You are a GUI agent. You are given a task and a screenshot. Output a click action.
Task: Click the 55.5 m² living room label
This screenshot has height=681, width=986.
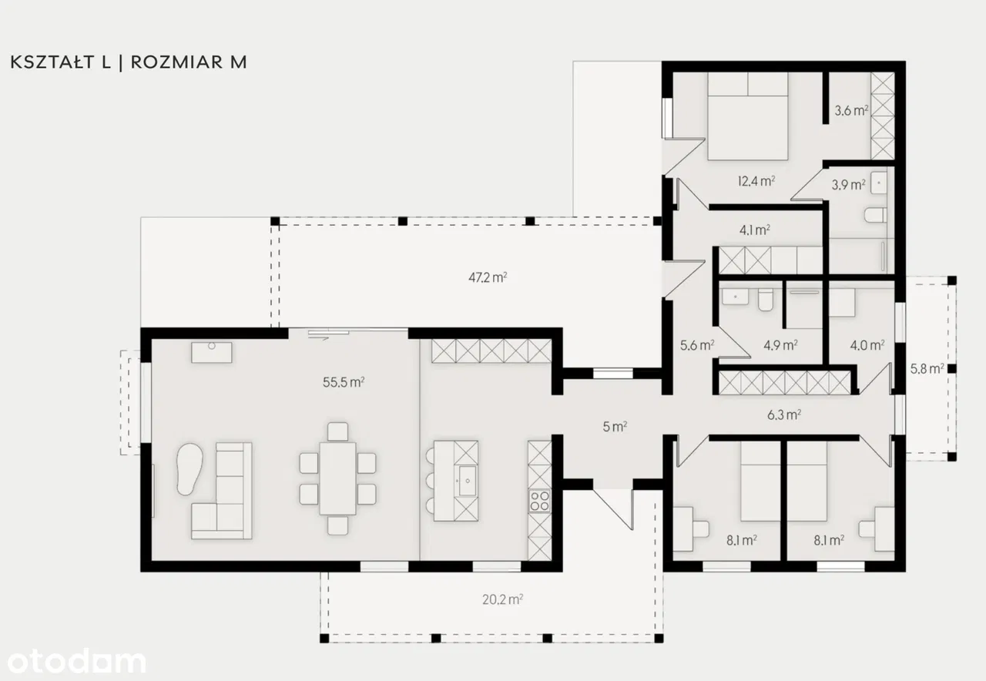(x=344, y=382)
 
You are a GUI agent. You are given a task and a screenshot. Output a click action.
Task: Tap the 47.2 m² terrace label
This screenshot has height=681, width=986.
(x=488, y=277)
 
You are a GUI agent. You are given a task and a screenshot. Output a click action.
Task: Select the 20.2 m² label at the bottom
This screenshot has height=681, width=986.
(x=502, y=599)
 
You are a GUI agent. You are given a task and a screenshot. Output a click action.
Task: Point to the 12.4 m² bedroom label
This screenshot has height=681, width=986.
(x=756, y=181)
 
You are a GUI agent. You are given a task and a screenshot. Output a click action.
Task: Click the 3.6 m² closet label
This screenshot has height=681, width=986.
(x=851, y=110)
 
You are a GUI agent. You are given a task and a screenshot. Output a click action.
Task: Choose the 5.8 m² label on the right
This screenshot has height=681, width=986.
(x=927, y=368)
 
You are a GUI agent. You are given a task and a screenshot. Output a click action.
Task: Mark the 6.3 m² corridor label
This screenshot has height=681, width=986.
(x=784, y=414)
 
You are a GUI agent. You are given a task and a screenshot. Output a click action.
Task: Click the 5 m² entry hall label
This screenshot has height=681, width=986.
(x=615, y=427)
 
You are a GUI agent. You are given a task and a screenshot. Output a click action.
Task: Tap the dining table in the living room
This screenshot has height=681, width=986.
(x=337, y=478)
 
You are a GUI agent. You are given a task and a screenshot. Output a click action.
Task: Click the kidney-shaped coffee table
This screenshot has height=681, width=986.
(x=189, y=468)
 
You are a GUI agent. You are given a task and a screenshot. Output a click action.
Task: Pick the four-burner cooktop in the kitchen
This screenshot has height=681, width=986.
(x=540, y=501)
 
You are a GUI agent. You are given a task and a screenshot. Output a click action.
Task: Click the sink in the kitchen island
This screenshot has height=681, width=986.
(x=467, y=481)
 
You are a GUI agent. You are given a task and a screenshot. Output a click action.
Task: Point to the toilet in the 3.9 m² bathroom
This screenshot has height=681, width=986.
(x=875, y=215)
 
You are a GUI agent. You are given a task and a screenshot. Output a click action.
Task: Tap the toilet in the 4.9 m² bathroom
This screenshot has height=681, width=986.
(x=766, y=300)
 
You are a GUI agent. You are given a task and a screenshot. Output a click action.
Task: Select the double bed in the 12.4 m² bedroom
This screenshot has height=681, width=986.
(x=747, y=116)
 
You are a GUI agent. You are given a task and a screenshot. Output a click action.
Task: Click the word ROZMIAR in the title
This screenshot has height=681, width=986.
(x=177, y=62)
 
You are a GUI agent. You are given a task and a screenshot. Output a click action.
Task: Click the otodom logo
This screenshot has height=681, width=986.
(x=76, y=661)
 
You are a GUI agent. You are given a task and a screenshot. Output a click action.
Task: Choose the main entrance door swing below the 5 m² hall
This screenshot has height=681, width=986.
(x=614, y=509)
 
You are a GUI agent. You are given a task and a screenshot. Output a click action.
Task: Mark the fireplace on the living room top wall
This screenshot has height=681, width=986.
(x=212, y=353)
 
